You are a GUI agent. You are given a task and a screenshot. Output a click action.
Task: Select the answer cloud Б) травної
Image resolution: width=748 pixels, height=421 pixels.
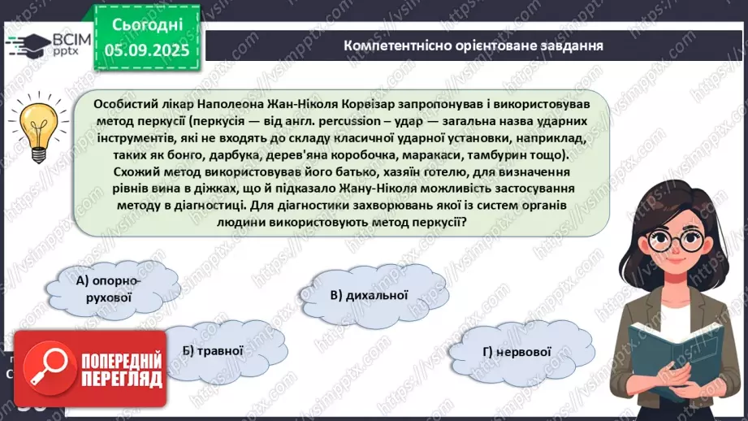pyautogui.click(x=214, y=351)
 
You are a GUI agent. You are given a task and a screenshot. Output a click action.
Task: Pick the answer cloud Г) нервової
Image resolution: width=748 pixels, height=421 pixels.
pyautogui.click(x=517, y=352)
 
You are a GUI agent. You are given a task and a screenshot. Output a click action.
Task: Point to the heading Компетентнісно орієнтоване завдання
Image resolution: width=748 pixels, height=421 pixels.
pyautogui.click(x=473, y=46)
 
